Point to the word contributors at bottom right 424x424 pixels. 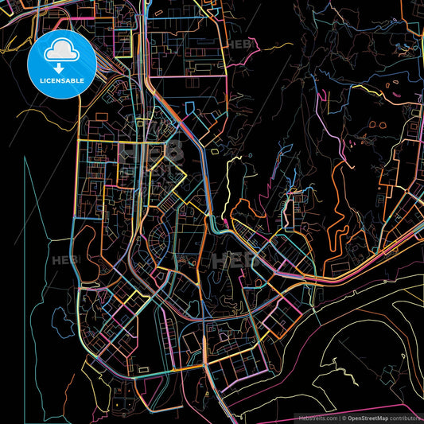(x=404, y=417)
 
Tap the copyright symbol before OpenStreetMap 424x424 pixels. (x=343, y=417)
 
